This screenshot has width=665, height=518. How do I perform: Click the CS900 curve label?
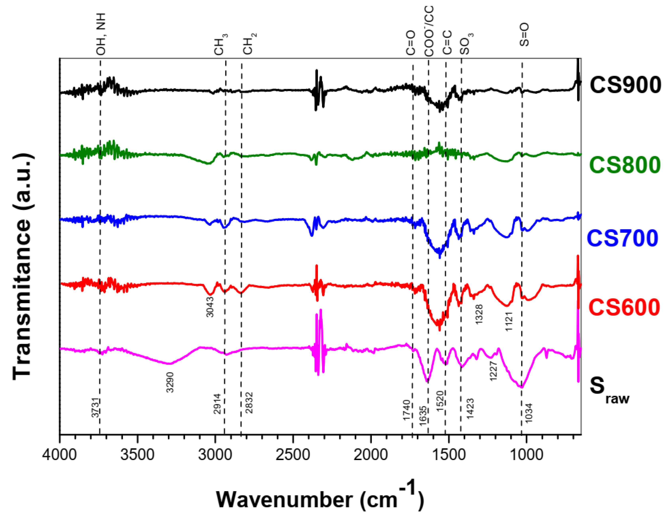625,85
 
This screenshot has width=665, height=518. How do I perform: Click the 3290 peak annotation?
170,382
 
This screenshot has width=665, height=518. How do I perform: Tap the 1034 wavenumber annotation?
529,413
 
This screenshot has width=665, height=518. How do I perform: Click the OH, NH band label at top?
101,34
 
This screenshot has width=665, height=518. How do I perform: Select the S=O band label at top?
524,35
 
